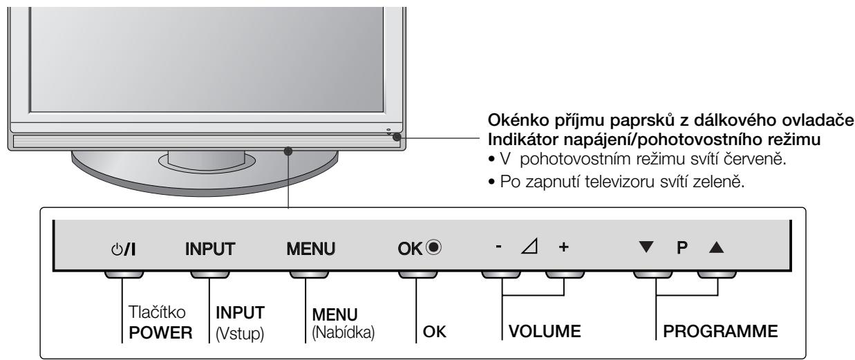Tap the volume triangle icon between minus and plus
pos(530,246)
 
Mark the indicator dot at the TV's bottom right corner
pos(396,137)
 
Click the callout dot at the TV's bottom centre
pos(288,150)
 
